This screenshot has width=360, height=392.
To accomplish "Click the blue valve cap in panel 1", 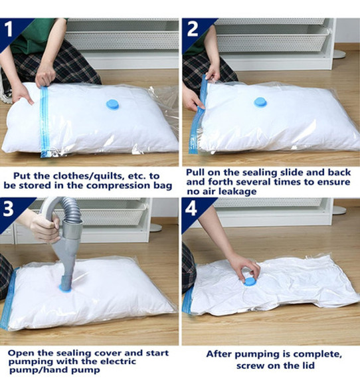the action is point(112,104).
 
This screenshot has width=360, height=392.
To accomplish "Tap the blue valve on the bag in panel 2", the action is point(260,102).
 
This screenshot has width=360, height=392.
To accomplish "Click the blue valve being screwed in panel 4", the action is point(250,282).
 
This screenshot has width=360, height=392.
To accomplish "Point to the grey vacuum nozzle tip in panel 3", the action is point(66,282).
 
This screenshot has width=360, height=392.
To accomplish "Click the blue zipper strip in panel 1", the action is point(45,122).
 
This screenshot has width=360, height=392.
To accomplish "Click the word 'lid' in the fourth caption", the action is point(307,365).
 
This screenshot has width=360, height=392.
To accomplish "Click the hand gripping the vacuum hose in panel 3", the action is point(46,227).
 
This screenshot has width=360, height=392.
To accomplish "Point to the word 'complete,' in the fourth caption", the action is point(317,355).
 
